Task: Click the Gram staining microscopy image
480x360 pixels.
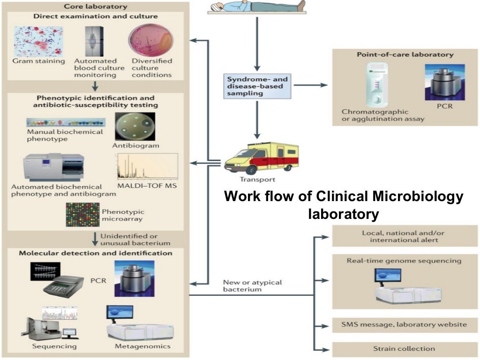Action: [38, 41]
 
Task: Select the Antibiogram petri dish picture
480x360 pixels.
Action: [135, 127]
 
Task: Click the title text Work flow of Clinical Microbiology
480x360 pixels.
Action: [343, 196]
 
